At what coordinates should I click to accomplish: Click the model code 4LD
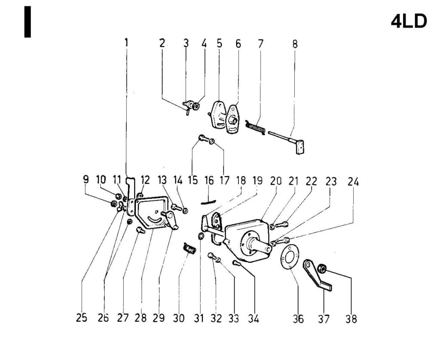click(x=409, y=21)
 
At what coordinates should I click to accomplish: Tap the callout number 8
click(x=295, y=44)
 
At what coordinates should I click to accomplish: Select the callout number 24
click(x=353, y=182)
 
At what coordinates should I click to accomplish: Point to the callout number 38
click(x=351, y=319)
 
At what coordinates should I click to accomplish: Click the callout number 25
click(x=81, y=317)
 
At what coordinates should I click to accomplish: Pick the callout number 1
click(x=126, y=43)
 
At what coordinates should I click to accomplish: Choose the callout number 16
click(x=209, y=180)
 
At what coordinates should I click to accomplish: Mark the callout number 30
click(x=179, y=318)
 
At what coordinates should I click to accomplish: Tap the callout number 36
click(x=298, y=319)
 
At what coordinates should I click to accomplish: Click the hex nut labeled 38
click(x=321, y=269)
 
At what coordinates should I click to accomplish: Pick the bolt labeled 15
click(x=203, y=138)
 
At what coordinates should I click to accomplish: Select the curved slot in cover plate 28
click(x=156, y=220)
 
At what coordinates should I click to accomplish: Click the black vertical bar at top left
click(x=27, y=21)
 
